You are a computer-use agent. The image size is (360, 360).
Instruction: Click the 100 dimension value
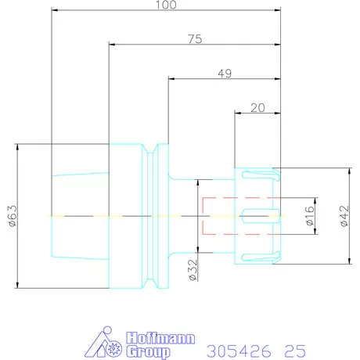click(x=166, y=5)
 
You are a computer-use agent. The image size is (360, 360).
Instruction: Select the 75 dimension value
click(x=195, y=39)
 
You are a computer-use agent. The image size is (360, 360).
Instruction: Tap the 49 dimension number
click(x=225, y=74)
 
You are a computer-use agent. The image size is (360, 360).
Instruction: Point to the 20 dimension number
click(x=257, y=108)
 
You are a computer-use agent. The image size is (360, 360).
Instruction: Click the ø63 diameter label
click(x=13, y=216)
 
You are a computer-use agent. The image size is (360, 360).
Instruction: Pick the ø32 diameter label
click(x=193, y=270)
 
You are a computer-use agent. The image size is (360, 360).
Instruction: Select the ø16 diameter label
click(x=309, y=216)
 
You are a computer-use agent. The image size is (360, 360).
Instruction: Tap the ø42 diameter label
click(x=344, y=216)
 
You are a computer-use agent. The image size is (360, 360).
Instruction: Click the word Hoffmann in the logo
click(x=160, y=338)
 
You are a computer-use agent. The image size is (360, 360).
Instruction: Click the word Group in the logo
click(x=149, y=351)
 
